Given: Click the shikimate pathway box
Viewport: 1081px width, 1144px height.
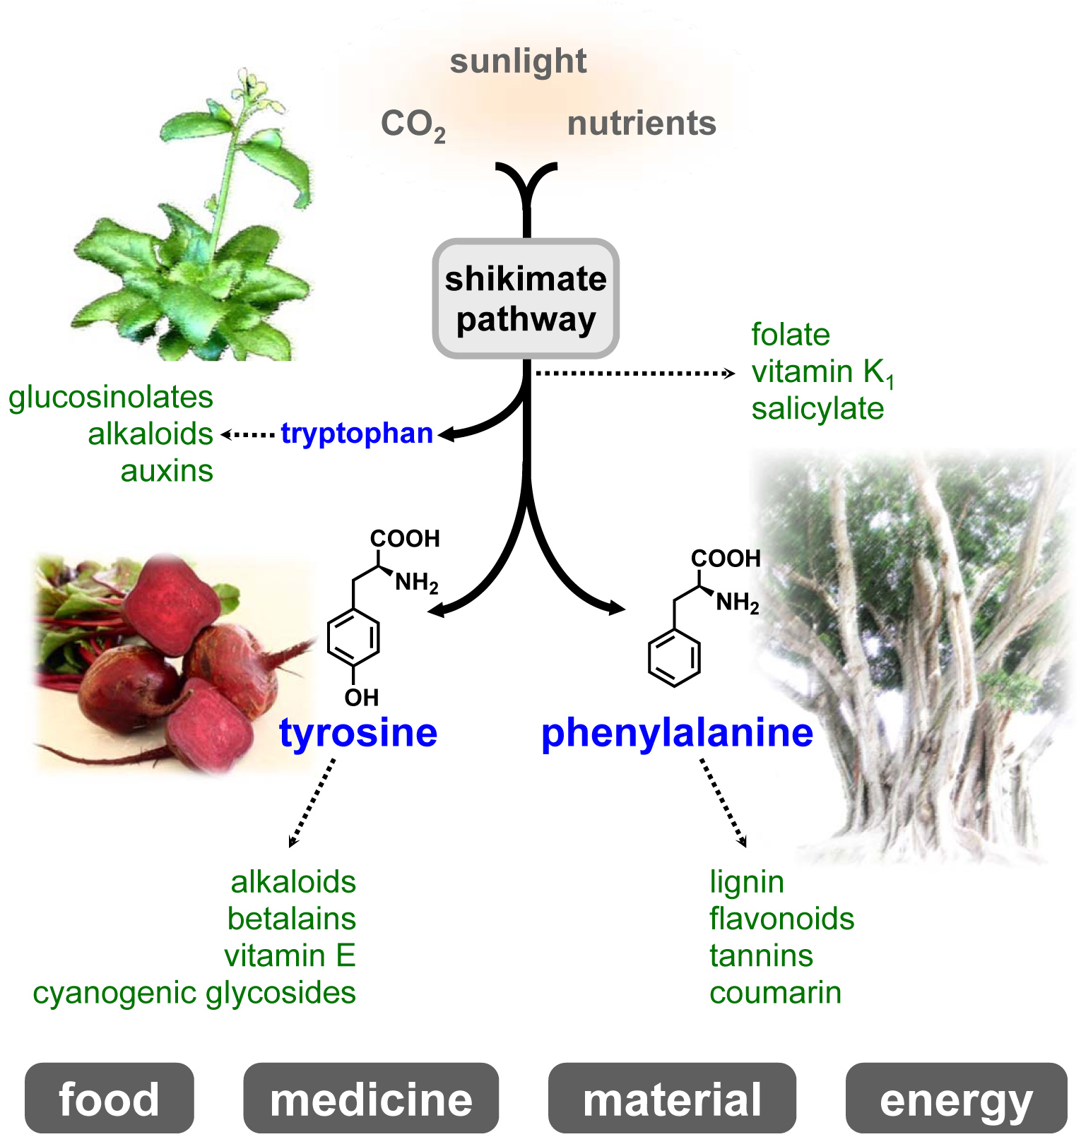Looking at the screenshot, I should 526,299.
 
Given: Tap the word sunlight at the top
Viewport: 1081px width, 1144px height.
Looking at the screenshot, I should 518,61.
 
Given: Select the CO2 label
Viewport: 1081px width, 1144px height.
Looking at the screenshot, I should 413,125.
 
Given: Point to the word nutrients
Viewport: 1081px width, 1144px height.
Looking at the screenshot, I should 642,124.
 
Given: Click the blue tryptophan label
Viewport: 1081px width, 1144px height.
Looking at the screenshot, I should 357,434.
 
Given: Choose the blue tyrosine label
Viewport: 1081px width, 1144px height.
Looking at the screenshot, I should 358,732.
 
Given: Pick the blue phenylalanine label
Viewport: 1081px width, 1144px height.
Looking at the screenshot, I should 677,732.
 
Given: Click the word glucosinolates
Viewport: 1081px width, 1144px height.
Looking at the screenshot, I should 111,397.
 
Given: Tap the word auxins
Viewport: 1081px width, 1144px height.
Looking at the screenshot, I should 167,471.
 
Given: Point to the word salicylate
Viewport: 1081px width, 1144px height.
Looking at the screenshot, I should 817,408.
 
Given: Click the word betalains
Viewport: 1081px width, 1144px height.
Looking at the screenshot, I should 291,919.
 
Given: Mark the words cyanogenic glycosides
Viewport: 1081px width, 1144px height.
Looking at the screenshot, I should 194,993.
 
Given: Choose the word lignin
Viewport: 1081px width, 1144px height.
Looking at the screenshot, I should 747,882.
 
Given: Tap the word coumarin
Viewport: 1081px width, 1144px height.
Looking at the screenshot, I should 775,993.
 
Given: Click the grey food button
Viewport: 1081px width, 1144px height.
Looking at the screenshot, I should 109,1099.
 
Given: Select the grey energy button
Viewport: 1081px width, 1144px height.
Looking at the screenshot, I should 956,1099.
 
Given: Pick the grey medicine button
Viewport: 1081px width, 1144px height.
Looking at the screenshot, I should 371,1099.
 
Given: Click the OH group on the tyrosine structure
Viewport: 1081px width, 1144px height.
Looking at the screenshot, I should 362,698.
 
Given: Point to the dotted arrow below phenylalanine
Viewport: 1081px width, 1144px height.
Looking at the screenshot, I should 723,802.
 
